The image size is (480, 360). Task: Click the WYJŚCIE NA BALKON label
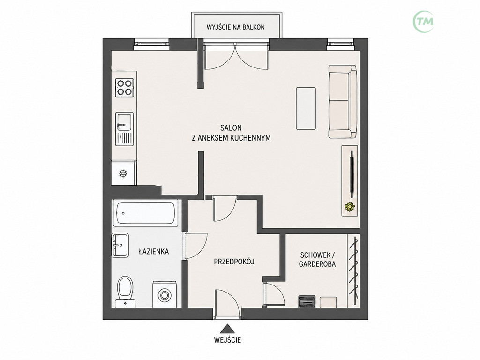(x=235, y=27)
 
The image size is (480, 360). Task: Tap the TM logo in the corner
(x=423, y=22)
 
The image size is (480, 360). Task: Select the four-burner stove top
(x=124, y=87)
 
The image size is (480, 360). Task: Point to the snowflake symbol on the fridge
(x=123, y=174)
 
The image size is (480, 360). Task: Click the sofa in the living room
(x=343, y=101)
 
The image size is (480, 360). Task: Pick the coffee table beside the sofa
(x=306, y=108)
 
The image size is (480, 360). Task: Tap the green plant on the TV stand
(x=350, y=206)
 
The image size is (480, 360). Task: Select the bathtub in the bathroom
(x=146, y=213)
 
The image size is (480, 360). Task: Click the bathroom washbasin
(x=120, y=245)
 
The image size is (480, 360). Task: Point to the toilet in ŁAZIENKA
(x=125, y=292)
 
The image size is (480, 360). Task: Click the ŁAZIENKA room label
(x=154, y=252)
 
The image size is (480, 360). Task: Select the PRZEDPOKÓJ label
(x=234, y=262)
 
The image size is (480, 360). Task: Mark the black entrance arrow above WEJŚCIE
(x=227, y=329)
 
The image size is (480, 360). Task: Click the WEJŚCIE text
(x=227, y=340)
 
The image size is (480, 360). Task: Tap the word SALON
(x=231, y=127)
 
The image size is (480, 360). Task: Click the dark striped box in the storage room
(x=307, y=301)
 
